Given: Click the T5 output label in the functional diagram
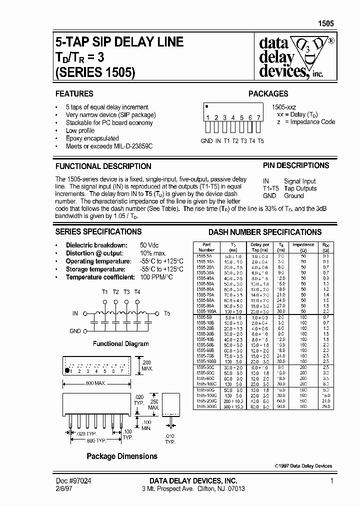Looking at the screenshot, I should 166,313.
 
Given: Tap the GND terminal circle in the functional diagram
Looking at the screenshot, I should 85,331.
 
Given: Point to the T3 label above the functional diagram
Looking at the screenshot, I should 126,292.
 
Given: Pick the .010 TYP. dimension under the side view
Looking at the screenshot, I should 170,439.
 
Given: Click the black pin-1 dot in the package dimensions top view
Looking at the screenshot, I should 66,371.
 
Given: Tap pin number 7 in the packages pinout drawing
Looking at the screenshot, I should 258,117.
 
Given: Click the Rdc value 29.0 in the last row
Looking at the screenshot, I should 326,407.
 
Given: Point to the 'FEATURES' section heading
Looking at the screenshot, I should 74,93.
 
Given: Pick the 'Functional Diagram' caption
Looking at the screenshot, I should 121,343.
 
